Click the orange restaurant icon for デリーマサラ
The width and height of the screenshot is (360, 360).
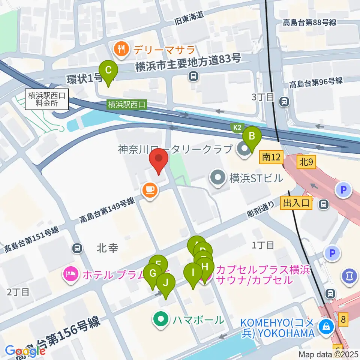click(121, 49)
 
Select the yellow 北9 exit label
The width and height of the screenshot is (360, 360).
click(306, 162)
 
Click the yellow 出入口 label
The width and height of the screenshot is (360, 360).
click(296, 203)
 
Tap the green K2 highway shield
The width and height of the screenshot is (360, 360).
click(237, 127)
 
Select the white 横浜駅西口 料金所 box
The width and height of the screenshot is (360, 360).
click(47, 99)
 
